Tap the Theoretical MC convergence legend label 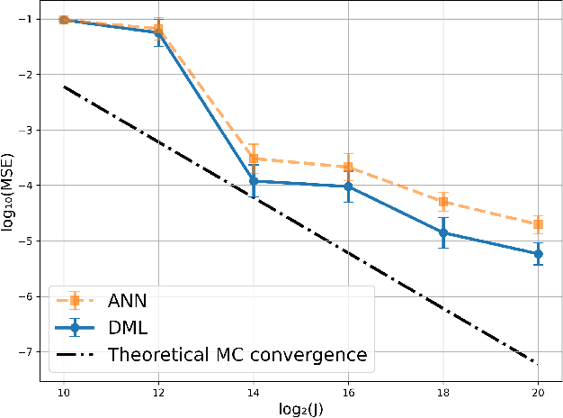(x=237, y=355)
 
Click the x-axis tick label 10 (x=64, y=395)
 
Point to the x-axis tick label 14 (x=254, y=395)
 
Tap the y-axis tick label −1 (x=23, y=19)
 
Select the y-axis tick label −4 (x=23, y=185)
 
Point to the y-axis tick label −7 (x=23, y=351)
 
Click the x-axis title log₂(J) (x=301, y=410)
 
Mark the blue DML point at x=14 (x=254, y=181)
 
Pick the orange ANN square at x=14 (x=254, y=159)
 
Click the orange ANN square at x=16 (x=348, y=167)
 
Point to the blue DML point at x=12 (x=158, y=32)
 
